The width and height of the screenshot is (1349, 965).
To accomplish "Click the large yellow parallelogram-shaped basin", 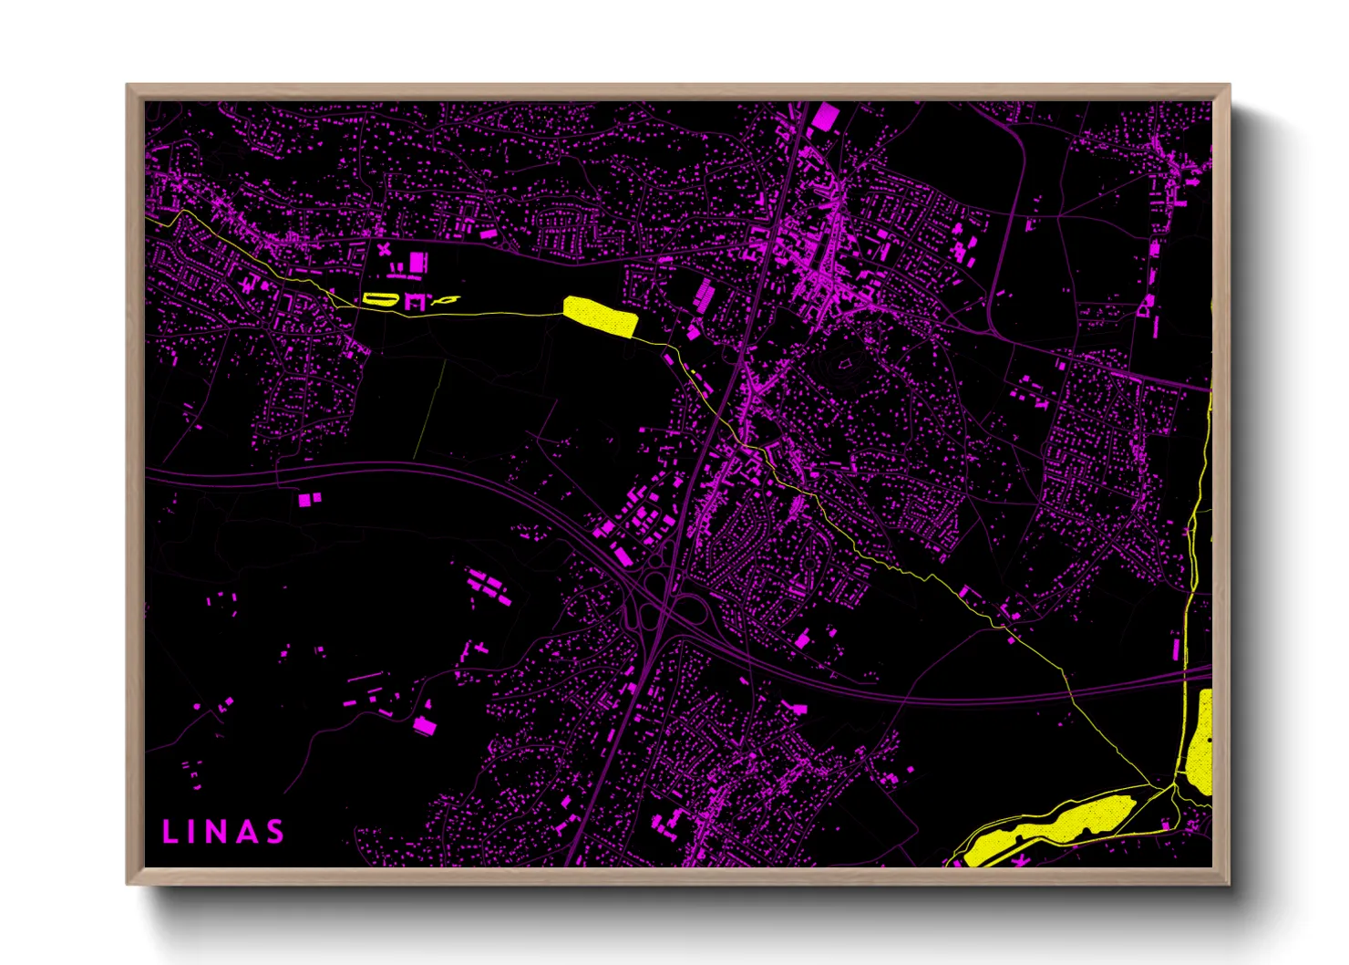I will [599, 316].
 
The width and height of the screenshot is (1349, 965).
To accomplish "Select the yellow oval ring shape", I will [378, 298].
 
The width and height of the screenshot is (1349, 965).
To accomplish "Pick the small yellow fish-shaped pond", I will [447, 299].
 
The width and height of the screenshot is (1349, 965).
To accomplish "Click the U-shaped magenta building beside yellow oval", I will [416, 301].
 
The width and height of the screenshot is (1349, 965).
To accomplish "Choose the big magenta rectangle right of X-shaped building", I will [417, 263].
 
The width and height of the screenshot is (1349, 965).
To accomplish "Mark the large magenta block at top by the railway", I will [824, 117].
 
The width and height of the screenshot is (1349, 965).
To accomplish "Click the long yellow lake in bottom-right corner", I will [1048, 829].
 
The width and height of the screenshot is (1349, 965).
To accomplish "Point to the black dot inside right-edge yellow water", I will [1208, 740].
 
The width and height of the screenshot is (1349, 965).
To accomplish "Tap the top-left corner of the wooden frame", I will [128, 86].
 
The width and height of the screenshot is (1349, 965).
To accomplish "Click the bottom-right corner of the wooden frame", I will [1229, 883].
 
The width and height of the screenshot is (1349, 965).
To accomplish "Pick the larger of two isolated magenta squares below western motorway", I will [304, 500].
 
